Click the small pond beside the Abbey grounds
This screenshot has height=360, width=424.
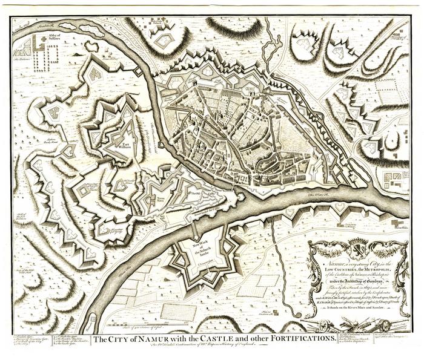point(92,46)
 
